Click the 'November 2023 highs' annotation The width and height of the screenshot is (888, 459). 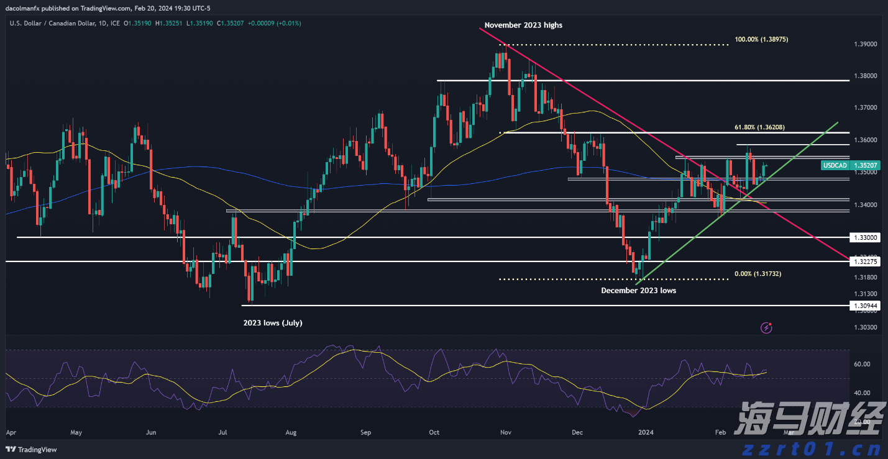[523, 25]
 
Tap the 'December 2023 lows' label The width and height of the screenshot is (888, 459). [638, 290]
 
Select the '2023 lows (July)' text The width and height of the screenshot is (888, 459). [272, 323]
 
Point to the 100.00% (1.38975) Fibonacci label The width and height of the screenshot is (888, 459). [761, 39]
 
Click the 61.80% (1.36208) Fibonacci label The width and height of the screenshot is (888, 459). [760, 127]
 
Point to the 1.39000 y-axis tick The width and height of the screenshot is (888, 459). [865, 44]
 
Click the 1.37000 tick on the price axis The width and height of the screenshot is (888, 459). [865, 108]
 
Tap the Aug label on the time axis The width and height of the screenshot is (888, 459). [291, 432]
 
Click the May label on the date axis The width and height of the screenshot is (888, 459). [76, 432]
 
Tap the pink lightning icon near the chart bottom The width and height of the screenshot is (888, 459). [767, 327]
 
